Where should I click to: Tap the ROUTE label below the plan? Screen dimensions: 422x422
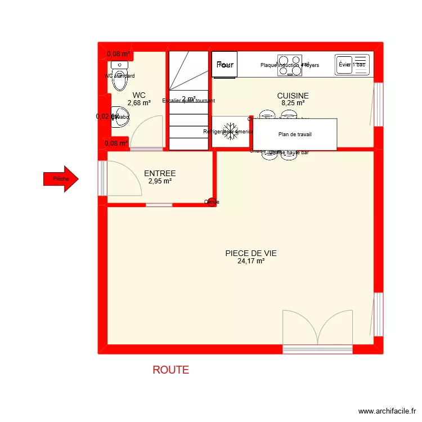[170, 370]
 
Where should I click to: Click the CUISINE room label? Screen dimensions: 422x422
[293, 96]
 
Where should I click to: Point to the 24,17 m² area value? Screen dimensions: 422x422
[251, 261]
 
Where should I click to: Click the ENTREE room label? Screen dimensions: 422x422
[160, 174]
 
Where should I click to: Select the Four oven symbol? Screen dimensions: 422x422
[225, 65]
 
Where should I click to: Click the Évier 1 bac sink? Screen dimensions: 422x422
[352, 65]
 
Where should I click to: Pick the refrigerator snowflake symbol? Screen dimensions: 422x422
[229, 132]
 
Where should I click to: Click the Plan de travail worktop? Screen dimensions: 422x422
[295, 134]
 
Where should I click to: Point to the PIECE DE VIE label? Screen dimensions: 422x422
[251, 253]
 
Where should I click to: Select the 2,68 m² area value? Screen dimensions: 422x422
[139, 103]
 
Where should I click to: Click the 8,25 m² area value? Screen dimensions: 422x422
[293, 104]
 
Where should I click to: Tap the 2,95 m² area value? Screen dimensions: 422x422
[160, 182]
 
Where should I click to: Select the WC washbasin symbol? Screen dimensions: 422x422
[118, 117]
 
